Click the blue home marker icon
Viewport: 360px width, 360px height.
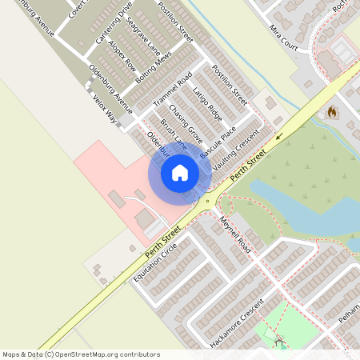(180, 173)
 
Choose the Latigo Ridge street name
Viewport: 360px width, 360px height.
(207, 104)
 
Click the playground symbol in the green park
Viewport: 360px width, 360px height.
(280, 343)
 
